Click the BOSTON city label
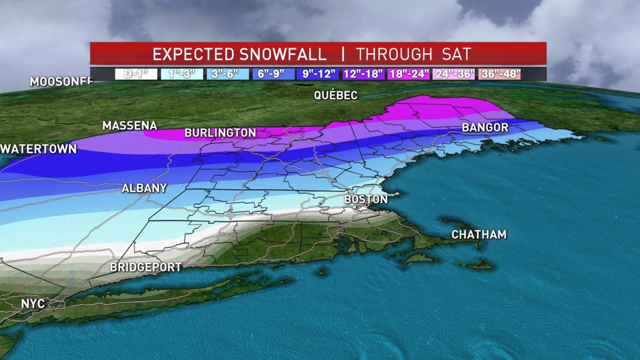(x=366, y=199)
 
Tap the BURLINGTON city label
(x=220, y=133)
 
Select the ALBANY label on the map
(x=144, y=188)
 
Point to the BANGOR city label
(x=485, y=127)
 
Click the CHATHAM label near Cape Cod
(x=479, y=235)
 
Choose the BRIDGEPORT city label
(x=146, y=267)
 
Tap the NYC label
(x=33, y=303)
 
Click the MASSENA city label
(x=130, y=126)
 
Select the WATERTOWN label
(x=38, y=149)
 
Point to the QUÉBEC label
(x=335, y=95)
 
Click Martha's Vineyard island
(x=419, y=259)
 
